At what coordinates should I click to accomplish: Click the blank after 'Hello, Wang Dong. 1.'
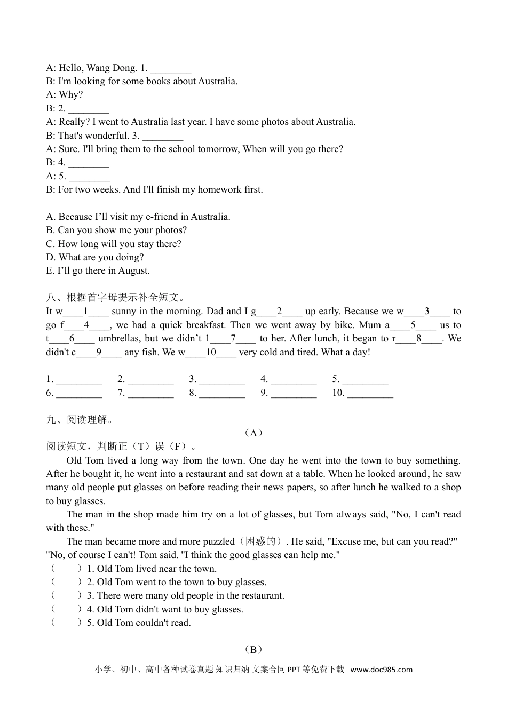[171, 69]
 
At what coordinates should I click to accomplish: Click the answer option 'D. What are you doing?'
[95, 257]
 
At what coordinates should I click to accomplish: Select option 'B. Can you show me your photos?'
[116, 230]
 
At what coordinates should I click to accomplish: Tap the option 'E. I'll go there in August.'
[98, 270]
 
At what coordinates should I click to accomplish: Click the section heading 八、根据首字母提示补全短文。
[116, 298]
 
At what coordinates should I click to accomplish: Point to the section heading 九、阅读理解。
[80, 420]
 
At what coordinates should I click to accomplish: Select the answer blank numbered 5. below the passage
[365, 380]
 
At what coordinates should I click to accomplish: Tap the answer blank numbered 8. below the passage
[222, 394]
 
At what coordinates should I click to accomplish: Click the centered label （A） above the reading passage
[253, 433]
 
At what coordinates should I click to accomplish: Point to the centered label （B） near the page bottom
[253, 650]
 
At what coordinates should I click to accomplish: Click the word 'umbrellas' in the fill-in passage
[120, 338]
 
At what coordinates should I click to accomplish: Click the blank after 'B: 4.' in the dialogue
[89, 163]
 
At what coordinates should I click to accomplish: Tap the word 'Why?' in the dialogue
[71, 95]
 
